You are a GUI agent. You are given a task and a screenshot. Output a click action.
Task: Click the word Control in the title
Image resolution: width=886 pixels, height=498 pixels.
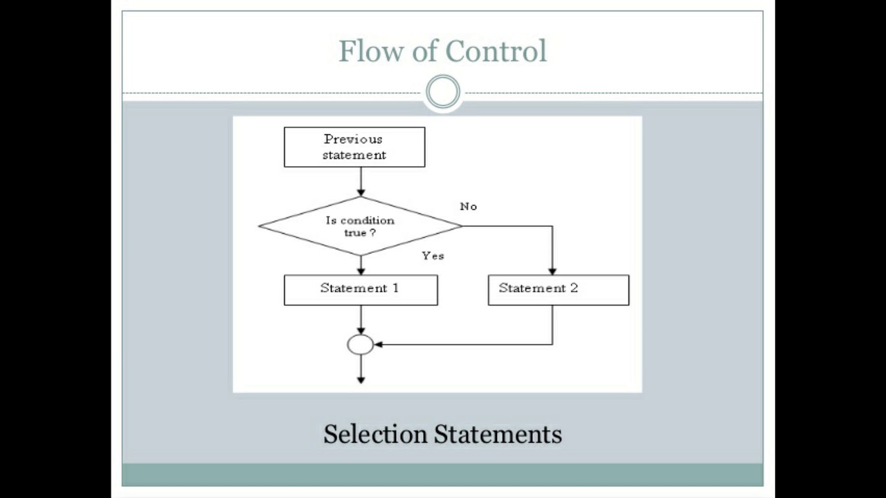[496, 51]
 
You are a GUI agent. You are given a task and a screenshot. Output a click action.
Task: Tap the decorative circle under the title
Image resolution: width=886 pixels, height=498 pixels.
[443, 92]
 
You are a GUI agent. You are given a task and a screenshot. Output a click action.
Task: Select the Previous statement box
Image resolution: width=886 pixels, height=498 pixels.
[354, 147]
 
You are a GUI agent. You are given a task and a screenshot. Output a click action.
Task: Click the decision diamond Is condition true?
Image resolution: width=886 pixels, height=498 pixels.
[360, 226]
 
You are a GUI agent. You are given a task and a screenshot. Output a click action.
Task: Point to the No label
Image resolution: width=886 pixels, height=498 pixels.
[469, 207]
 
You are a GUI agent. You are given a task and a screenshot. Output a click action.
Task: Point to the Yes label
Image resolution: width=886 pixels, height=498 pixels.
[433, 256]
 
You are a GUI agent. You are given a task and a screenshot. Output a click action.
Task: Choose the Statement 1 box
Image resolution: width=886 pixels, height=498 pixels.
[361, 290]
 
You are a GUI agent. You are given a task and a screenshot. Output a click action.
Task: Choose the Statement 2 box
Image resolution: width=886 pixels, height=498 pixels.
[559, 290]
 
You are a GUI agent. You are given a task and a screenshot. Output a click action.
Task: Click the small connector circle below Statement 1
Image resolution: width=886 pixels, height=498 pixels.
[361, 344]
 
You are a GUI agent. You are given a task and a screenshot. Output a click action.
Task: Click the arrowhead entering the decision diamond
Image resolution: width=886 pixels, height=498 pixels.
[361, 192]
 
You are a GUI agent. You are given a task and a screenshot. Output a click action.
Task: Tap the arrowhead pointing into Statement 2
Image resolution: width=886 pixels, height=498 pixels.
[552, 270]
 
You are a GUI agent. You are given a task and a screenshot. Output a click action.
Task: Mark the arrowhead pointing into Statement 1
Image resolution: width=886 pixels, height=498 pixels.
[361, 270]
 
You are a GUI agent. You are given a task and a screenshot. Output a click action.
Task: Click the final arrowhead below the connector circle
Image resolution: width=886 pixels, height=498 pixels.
[361, 378]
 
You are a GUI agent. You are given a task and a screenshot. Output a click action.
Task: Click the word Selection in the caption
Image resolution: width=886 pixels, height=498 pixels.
[375, 434]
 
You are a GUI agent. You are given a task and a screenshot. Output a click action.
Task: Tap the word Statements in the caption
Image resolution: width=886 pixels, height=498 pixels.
[498, 434]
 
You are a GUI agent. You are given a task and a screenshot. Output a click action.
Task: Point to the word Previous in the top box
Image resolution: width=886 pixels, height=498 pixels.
[354, 139]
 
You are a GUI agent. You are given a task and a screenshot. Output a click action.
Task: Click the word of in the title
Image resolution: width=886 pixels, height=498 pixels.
[422, 51]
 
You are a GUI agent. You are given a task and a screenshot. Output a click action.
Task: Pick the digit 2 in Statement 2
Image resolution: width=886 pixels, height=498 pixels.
[574, 288]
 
